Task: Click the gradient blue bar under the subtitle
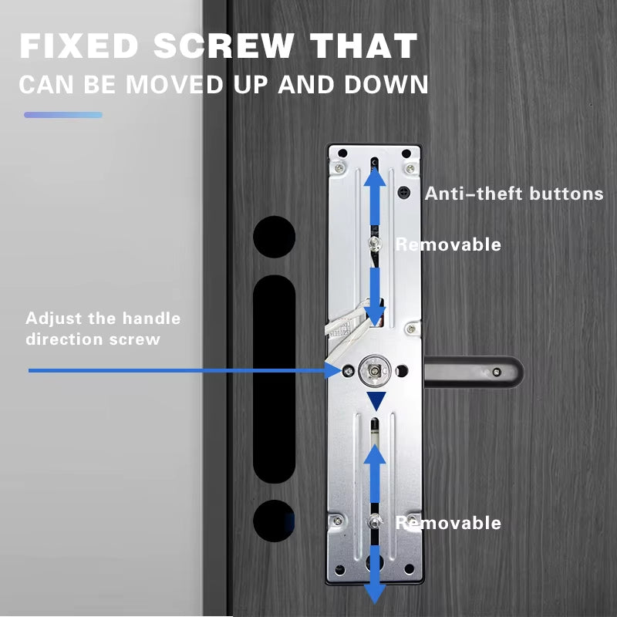[63, 115]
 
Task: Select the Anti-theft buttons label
[514, 194]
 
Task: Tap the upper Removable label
[448, 244]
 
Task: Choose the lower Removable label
[448, 523]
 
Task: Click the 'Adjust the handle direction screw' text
[103, 329]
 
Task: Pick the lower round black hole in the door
[275, 521]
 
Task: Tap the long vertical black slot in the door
[275, 379]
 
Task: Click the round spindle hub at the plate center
[375, 371]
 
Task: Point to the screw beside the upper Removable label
[374, 244]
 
